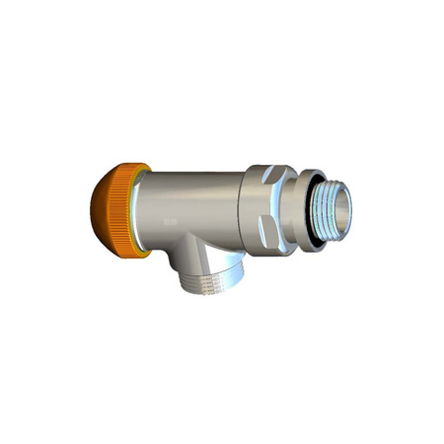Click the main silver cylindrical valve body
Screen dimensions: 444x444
pos(197,197)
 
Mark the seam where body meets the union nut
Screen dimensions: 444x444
pos(243,202)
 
